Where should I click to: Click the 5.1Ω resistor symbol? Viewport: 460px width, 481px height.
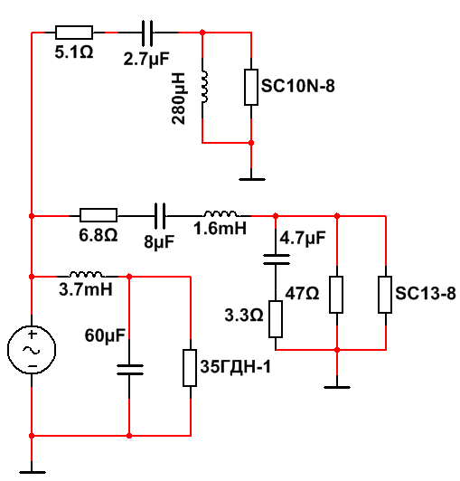[74, 33]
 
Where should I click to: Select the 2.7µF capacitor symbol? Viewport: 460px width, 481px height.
[147, 33]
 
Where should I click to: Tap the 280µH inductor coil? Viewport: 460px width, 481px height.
[204, 87]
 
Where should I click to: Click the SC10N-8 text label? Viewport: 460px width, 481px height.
[297, 86]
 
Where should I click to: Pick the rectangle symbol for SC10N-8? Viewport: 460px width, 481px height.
[251, 87]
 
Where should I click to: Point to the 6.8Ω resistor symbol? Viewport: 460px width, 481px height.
[99, 215]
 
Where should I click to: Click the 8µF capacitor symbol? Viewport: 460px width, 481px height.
[159, 216]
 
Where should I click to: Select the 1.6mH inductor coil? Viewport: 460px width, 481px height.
[221, 213]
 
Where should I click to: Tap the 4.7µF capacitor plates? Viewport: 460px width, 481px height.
[276, 259]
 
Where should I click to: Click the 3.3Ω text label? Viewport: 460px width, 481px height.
[244, 315]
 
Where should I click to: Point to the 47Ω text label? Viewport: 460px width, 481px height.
[302, 293]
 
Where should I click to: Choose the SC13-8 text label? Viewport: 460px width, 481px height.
[426, 293]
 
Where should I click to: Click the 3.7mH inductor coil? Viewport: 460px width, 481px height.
[86, 274]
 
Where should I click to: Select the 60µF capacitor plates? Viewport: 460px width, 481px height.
[130, 370]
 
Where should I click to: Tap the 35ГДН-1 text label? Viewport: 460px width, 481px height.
[236, 366]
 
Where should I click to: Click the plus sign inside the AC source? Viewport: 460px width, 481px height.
[32, 334]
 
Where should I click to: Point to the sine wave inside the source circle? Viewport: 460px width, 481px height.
[32, 349]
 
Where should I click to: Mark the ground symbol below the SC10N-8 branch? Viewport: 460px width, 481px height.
[252, 179]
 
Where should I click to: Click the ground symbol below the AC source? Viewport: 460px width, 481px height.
[32, 472]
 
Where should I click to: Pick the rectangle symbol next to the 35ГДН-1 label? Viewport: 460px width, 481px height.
[190, 368]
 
